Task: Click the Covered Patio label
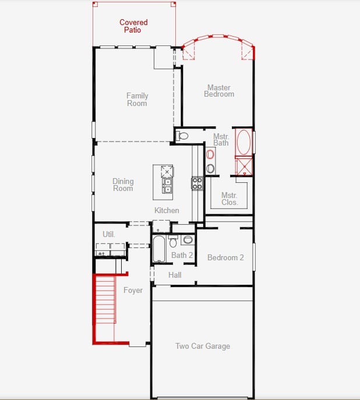pyautogui.click(x=133, y=26)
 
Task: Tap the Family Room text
pyautogui.click(x=137, y=100)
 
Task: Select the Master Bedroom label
pyautogui.click(x=219, y=91)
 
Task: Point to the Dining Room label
pyautogui.click(x=123, y=185)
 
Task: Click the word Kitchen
pyautogui.click(x=167, y=210)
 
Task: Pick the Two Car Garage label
pyautogui.click(x=203, y=346)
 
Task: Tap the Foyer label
pyautogui.click(x=133, y=291)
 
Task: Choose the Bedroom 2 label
pyautogui.click(x=225, y=257)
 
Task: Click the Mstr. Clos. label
pyautogui.click(x=230, y=199)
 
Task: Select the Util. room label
pyautogui.click(x=109, y=234)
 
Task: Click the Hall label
pyautogui.click(x=175, y=275)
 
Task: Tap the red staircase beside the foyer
pyautogui.click(x=104, y=309)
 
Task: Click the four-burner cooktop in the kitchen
pyautogui.click(x=197, y=183)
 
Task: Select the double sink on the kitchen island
pyautogui.click(x=167, y=185)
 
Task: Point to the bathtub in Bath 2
pyautogui.click(x=160, y=249)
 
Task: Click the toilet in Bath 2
pyautogui.click(x=173, y=242)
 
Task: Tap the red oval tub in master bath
pyautogui.click(x=243, y=141)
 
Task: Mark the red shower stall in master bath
pyautogui.click(x=243, y=167)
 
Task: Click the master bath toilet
pyautogui.click(x=182, y=136)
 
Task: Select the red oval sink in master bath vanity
pyautogui.click(x=210, y=155)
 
